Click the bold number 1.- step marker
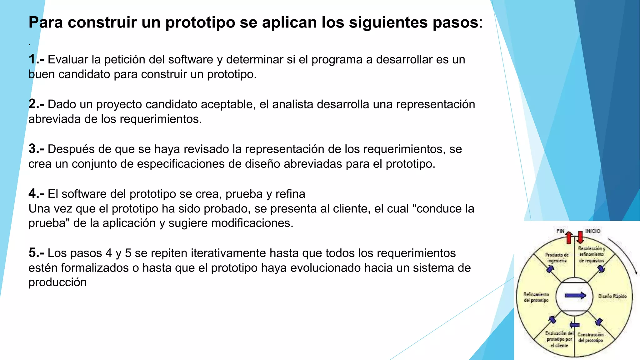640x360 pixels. [36, 59]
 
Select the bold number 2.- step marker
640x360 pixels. [36, 104]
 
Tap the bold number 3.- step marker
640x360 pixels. [36, 149]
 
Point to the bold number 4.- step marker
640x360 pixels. [36, 194]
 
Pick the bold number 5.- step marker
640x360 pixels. [36, 253]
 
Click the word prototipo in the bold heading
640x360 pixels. [200, 22]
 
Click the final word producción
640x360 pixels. [57, 282]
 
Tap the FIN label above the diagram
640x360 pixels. [560, 231]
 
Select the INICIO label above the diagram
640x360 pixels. [593, 231]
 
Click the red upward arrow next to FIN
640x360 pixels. [569, 237]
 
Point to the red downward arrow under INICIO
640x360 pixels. [580, 237]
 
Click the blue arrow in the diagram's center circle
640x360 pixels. [575, 296]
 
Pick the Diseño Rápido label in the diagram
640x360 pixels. [612, 296]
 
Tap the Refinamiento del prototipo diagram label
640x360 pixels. [536, 297]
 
